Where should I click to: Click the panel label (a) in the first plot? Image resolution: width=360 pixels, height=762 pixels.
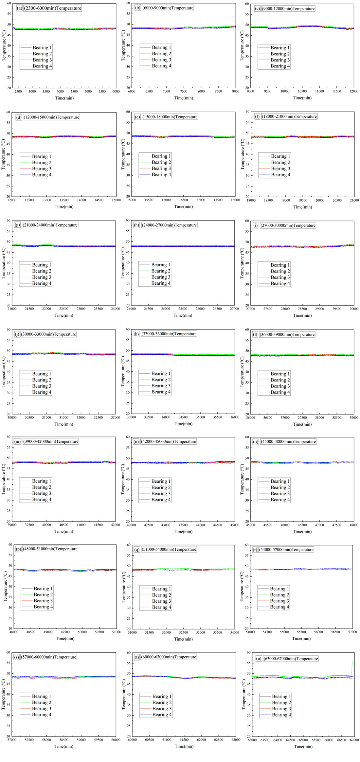[19, 8]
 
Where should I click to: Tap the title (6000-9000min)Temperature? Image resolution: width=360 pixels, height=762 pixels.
[168, 8]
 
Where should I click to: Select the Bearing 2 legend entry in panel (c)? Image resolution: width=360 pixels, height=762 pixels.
[280, 54]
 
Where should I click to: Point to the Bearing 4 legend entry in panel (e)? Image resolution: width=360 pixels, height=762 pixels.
[161, 175]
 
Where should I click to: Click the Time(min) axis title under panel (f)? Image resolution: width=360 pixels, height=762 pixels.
[302, 207]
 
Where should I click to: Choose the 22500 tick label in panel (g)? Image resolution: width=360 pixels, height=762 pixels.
[64, 309]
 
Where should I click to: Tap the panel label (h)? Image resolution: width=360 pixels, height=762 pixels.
[136, 225]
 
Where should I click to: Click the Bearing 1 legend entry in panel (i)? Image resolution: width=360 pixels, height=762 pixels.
[280, 265]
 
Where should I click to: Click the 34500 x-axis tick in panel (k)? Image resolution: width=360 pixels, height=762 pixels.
[183, 417]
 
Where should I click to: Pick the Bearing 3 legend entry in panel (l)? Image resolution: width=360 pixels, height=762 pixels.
[280, 386]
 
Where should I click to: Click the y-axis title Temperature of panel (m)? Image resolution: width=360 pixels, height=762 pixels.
[4, 479]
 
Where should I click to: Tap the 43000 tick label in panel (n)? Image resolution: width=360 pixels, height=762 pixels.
[166, 525]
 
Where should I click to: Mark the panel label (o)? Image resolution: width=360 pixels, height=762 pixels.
[255, 442]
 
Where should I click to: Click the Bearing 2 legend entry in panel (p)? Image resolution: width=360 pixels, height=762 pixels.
[43, 594]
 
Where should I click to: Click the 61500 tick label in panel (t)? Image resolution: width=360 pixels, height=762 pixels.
[184, 740]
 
